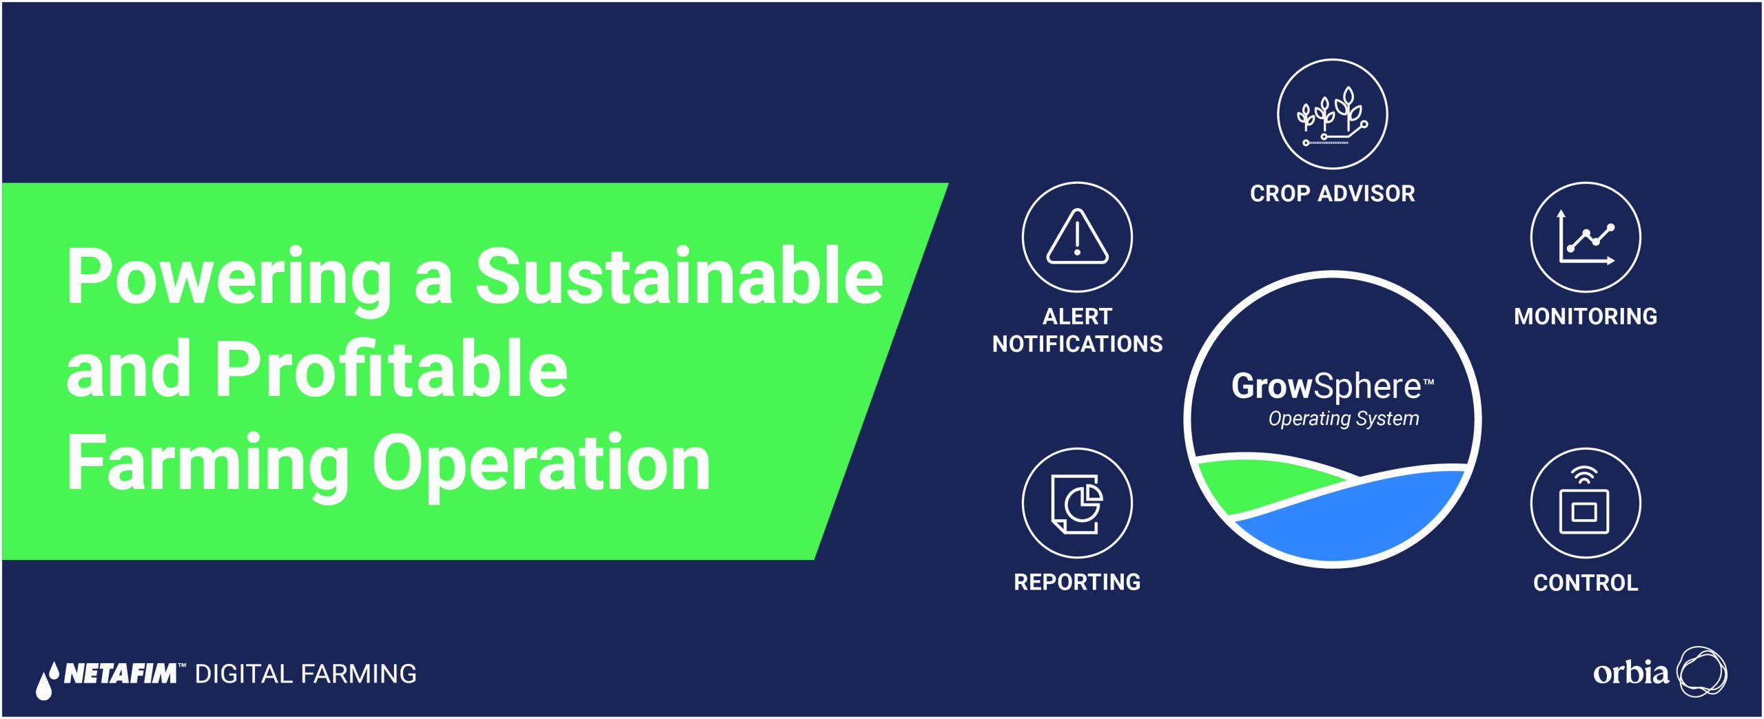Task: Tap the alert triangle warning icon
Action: coord(1077,237)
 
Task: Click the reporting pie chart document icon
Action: coord(1077,503)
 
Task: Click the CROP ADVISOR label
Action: coord(1333,194)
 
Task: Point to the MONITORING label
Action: coord(1586,316)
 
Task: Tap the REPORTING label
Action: coord(1077,582)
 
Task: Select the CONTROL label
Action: coord(1586,583)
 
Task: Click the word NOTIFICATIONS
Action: coord(1078,344)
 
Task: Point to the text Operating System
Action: coord(1344,419)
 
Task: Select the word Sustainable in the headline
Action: coord(679,277)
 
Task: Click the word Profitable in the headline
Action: coord(391,370)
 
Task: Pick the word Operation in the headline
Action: coord(542,463)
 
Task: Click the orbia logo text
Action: coord(1631,672)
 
